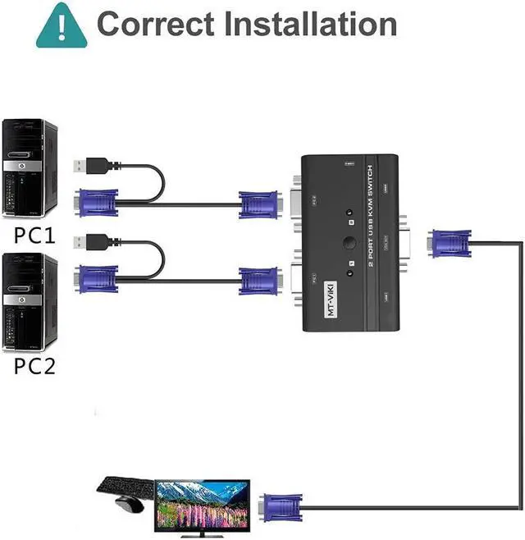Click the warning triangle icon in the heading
[x=62, y=24]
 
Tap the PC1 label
[x=34, y=236]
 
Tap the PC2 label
[x=34, y=365]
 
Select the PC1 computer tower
[x=30, y=169]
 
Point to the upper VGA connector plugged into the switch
[x=262, y=201]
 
